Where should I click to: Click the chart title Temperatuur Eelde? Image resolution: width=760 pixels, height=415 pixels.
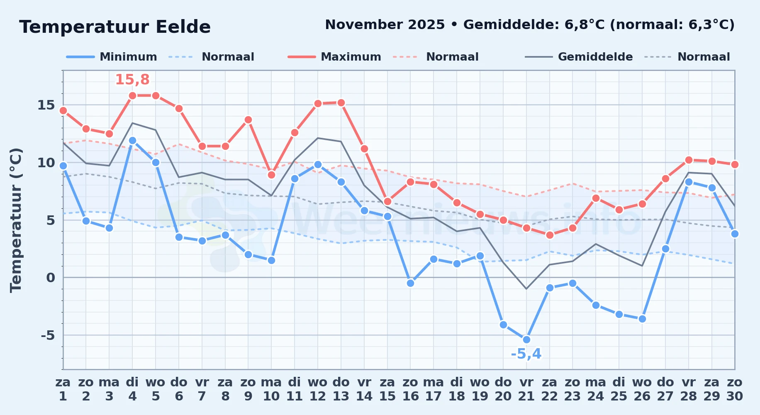[x=115, y=27]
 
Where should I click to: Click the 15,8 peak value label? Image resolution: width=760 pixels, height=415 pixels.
[x=132, y=79]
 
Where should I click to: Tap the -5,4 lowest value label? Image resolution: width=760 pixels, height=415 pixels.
[x=526, y=354]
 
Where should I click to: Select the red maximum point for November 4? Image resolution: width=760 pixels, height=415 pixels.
[x=132, y=95]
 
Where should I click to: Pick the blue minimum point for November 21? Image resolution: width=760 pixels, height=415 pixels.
[x=526, y=339]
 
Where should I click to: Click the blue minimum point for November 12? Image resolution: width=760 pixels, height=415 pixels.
[x=318, y=164]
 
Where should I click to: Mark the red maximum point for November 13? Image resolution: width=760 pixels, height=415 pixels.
[x=341, y=103]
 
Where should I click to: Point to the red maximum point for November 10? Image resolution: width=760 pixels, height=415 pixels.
[x=271, y=175]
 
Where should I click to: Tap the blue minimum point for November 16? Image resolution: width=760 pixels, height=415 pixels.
[x=410, y=283]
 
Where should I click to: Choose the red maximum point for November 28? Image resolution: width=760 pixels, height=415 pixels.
[x=689, y=160]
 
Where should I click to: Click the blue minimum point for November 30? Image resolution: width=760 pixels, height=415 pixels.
[x=735, y=234]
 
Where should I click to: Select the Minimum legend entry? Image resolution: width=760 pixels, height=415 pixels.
[x=112, y=57]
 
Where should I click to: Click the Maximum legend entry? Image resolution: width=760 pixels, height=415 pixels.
[x=334, y=57]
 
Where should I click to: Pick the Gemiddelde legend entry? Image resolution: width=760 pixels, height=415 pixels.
[x=579, y=57]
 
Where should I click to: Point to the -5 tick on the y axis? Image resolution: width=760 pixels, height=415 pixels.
[x=48, y=335]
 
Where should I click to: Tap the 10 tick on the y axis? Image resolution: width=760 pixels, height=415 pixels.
[x=46, y=162]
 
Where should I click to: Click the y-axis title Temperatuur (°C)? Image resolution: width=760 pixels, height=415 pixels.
[x=16, y=220]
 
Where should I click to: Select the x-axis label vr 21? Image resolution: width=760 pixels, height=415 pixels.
[x=526, y=389]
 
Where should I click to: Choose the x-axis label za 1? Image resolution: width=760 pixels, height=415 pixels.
[x=63, y=389]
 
